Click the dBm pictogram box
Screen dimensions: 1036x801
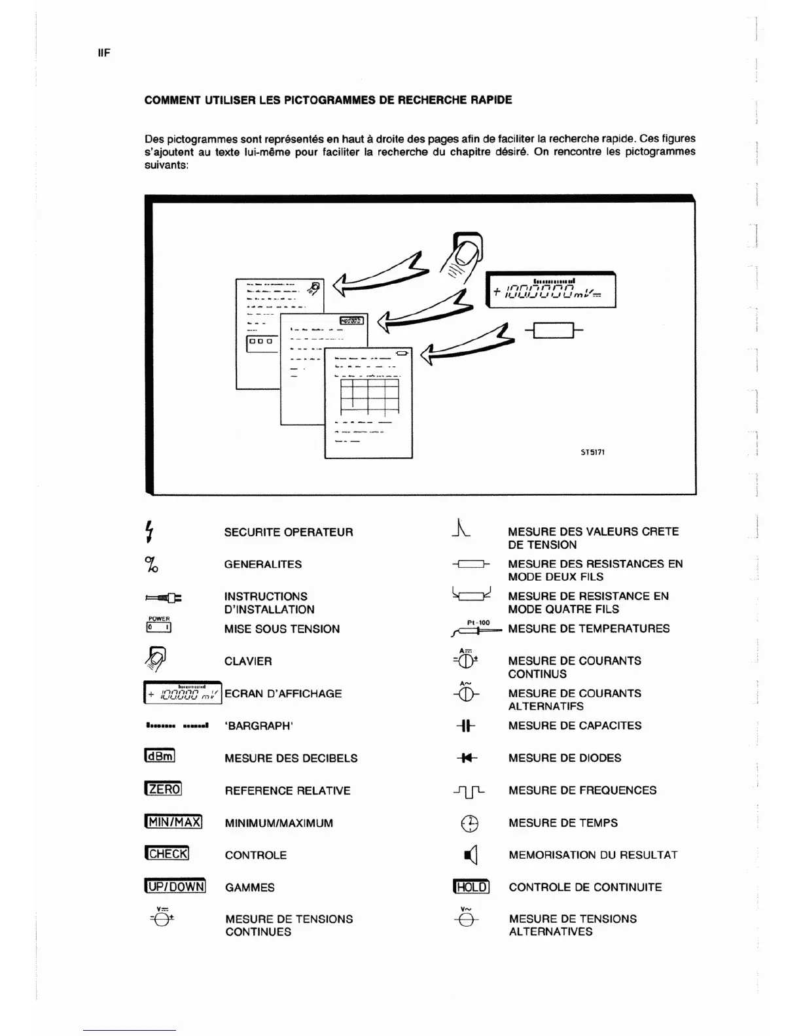[160, 756]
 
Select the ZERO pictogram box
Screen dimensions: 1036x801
[163, 789]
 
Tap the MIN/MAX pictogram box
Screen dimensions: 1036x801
[173, 821]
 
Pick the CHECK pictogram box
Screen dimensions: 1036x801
[167, 854]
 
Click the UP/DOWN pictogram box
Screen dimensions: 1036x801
[175, 886]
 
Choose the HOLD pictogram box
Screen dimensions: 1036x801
[471, 887]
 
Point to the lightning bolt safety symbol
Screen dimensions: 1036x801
[150, 531]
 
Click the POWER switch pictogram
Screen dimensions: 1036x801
[159, 627]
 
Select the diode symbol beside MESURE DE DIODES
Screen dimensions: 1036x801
[467, 758]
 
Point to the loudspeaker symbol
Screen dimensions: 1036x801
[471, 855]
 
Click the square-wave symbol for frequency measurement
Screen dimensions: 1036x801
[469, 791]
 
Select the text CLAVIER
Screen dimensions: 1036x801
[248, 661]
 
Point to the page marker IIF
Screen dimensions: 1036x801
[104, 53]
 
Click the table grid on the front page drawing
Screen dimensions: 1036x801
[368, 394]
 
